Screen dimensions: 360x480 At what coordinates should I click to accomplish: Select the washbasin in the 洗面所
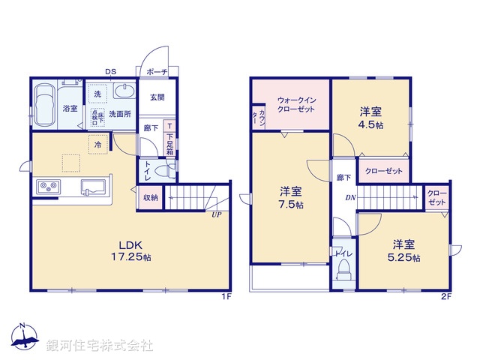[x=124, y=93]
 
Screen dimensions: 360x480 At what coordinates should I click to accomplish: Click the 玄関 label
[x=157, y=97]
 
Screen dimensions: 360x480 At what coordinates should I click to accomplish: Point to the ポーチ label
[x=157, y=72]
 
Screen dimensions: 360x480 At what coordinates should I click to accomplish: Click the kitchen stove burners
[x=46, y=187]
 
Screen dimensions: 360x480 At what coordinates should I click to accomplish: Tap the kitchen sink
[x=95, y=187]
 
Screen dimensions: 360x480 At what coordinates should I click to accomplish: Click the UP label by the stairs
[x=217, y=214]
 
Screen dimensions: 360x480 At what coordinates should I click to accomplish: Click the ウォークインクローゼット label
[x=297, y=104]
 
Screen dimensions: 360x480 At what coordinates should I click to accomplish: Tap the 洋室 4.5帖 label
[x=372, y=118]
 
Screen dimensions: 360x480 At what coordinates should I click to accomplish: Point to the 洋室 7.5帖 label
[x=292, y=197]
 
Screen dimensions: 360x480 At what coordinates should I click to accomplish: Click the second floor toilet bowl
[x=344, y=274]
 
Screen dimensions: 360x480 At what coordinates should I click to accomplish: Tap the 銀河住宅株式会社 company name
[x=100, y=346]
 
